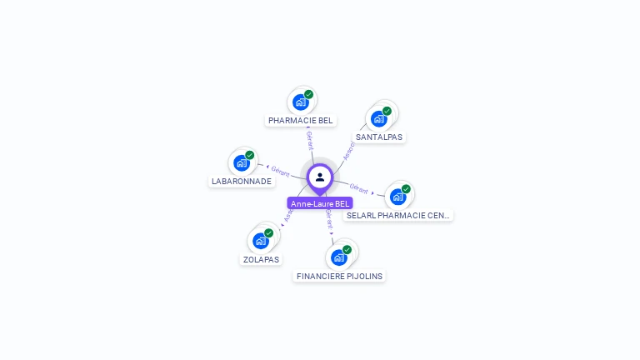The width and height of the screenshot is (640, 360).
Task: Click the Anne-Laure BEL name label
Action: click(320, 203)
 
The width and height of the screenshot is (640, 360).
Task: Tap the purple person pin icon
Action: click(320, 177)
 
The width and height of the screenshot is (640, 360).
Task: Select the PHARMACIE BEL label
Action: click(300, 120)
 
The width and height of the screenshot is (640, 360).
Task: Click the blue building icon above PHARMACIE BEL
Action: click(300, 102)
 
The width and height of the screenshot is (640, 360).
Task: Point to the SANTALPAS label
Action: click(379, 137)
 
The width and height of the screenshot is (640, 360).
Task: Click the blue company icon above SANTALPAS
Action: click(379, 118)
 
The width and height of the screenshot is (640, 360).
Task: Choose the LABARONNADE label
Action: click(241, 181)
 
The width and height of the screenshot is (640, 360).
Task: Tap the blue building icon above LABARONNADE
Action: click(242, 162)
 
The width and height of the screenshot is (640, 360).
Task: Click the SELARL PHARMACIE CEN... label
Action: click(398, 215)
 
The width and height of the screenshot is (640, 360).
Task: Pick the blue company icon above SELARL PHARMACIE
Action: click(397, 197)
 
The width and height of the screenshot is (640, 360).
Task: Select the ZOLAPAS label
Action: click(261, 259)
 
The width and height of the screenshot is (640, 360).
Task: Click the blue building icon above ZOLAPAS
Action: click(261, 241)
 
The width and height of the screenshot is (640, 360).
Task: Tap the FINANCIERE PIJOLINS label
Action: click(340, 276)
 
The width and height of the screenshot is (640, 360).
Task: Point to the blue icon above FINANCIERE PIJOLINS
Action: click(339, 257)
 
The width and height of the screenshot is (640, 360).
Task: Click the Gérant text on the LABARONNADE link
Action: click(280, 172)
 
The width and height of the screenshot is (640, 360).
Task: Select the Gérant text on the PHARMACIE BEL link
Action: click(310, 140)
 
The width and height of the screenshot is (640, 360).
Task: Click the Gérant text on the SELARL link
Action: click(359, 189)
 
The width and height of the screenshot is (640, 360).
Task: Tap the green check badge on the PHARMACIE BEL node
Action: click(308, 95)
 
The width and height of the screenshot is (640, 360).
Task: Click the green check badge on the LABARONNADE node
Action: click(249, 155)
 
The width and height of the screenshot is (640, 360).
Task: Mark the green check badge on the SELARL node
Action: click(406, 189)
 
